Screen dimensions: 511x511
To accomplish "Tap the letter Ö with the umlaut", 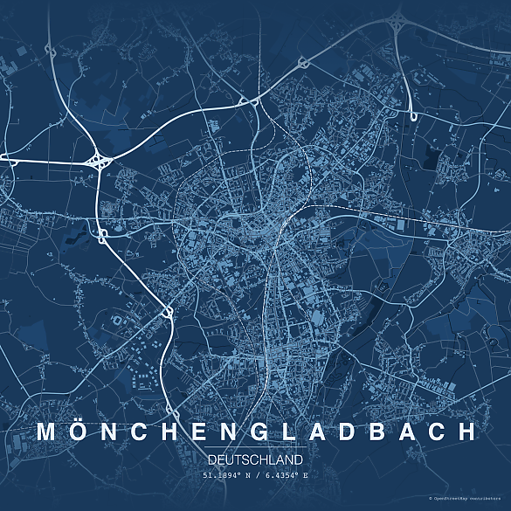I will pyautogui.click(x=79, y=431).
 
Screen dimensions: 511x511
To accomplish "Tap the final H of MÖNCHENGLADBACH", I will pyautogui.click(x=468, y=432).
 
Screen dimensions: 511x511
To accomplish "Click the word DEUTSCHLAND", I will pyautogui.click(x=256, y=459).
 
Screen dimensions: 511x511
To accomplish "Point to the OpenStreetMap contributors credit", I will pyautogui.click(x=468, y=499).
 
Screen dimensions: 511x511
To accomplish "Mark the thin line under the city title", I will pyautogui.click(x=256, y=448).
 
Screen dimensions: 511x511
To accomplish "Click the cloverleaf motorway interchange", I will pyautogui.click(x=99, y=160).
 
